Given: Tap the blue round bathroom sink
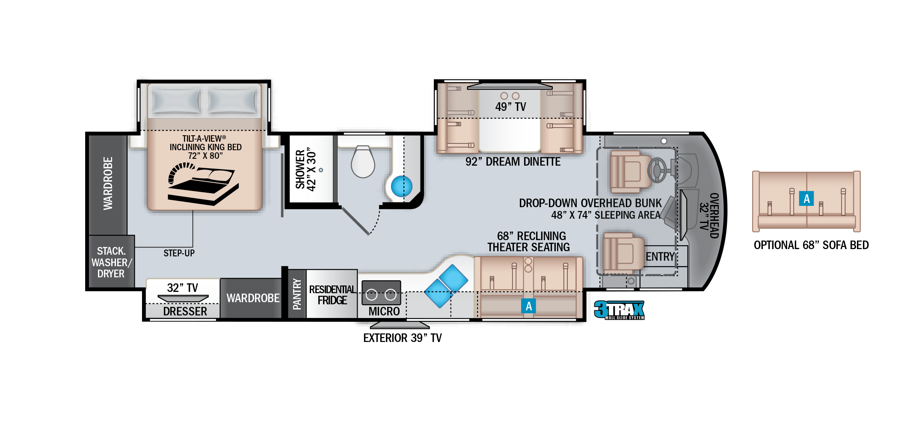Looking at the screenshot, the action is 402,187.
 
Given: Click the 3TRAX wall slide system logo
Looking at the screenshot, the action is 619,310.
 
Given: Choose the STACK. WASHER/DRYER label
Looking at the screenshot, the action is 111,262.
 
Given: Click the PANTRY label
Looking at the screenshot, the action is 297,294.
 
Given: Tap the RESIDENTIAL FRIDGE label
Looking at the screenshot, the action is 332,295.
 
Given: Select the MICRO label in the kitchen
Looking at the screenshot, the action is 384,312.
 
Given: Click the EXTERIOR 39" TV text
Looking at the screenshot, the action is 402,338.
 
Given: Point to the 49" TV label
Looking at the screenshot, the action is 510,107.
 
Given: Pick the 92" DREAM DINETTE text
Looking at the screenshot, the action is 513,162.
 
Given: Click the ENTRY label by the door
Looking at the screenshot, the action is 660,257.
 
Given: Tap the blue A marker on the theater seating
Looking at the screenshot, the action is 529,306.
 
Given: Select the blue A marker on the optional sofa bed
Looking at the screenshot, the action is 806,199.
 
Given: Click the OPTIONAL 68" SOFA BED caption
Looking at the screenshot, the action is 811,245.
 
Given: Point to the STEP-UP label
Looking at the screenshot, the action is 179,253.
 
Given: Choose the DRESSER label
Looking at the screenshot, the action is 185,312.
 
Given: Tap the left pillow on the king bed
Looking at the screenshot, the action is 176,101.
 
